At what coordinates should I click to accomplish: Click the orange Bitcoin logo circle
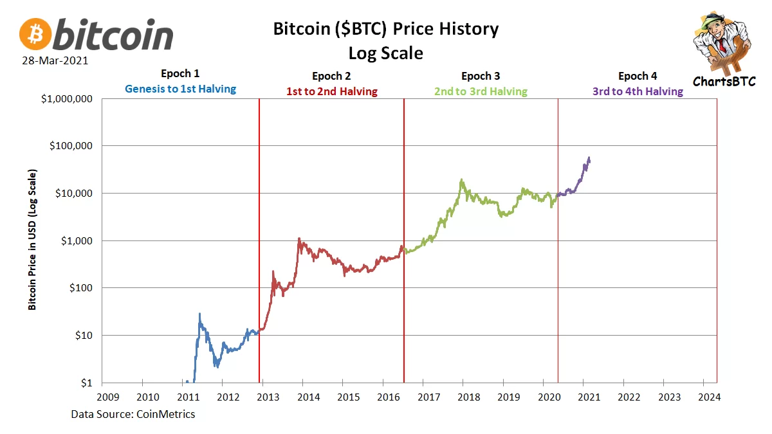35,34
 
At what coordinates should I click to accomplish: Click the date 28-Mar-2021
54,61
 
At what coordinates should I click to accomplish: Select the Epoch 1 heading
180,75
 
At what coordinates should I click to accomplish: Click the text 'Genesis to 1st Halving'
180,89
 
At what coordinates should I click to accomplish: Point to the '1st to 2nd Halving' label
331,91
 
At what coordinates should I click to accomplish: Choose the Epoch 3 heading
481,76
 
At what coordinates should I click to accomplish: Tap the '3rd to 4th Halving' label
638,91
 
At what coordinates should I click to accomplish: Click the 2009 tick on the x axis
107,397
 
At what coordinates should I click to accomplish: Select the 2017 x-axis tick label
428,397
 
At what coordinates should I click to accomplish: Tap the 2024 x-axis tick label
710,397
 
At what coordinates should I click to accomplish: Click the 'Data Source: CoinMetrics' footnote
133,414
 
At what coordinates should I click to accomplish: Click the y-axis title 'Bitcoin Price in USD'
32,240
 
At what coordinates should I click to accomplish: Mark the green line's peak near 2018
462,180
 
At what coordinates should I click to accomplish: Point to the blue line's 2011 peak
199,314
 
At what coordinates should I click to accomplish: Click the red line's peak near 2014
299,239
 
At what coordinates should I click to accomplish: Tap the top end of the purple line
589,158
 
